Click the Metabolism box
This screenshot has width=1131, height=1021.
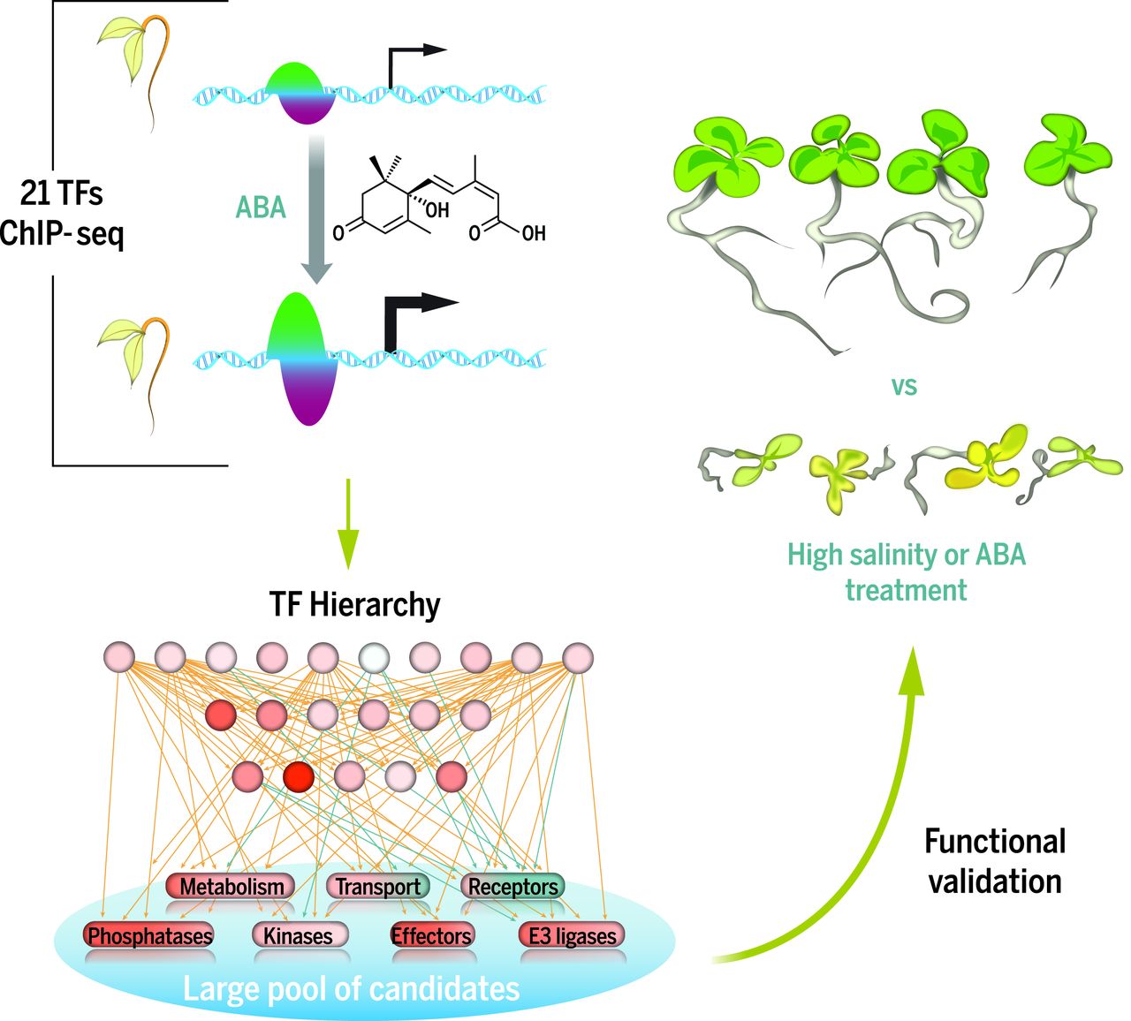[232, 886]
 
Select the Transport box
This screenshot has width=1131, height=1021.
[377, 887]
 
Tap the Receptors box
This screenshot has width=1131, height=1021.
[512, 887]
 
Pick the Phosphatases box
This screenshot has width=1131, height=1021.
[149, 935]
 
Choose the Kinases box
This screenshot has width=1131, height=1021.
[299, 935]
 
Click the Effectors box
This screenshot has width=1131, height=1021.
[431, 935]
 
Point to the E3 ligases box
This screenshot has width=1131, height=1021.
[572, 935]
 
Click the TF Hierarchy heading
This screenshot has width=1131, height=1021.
[354, 605]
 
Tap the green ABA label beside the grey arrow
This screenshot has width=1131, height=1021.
[261, 207]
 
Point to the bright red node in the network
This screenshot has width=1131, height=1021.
[300, 776]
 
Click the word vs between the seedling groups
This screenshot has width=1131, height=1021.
[904, 386]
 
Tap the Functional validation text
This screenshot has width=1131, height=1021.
[995, 861]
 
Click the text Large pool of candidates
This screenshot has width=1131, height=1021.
[351, 987]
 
